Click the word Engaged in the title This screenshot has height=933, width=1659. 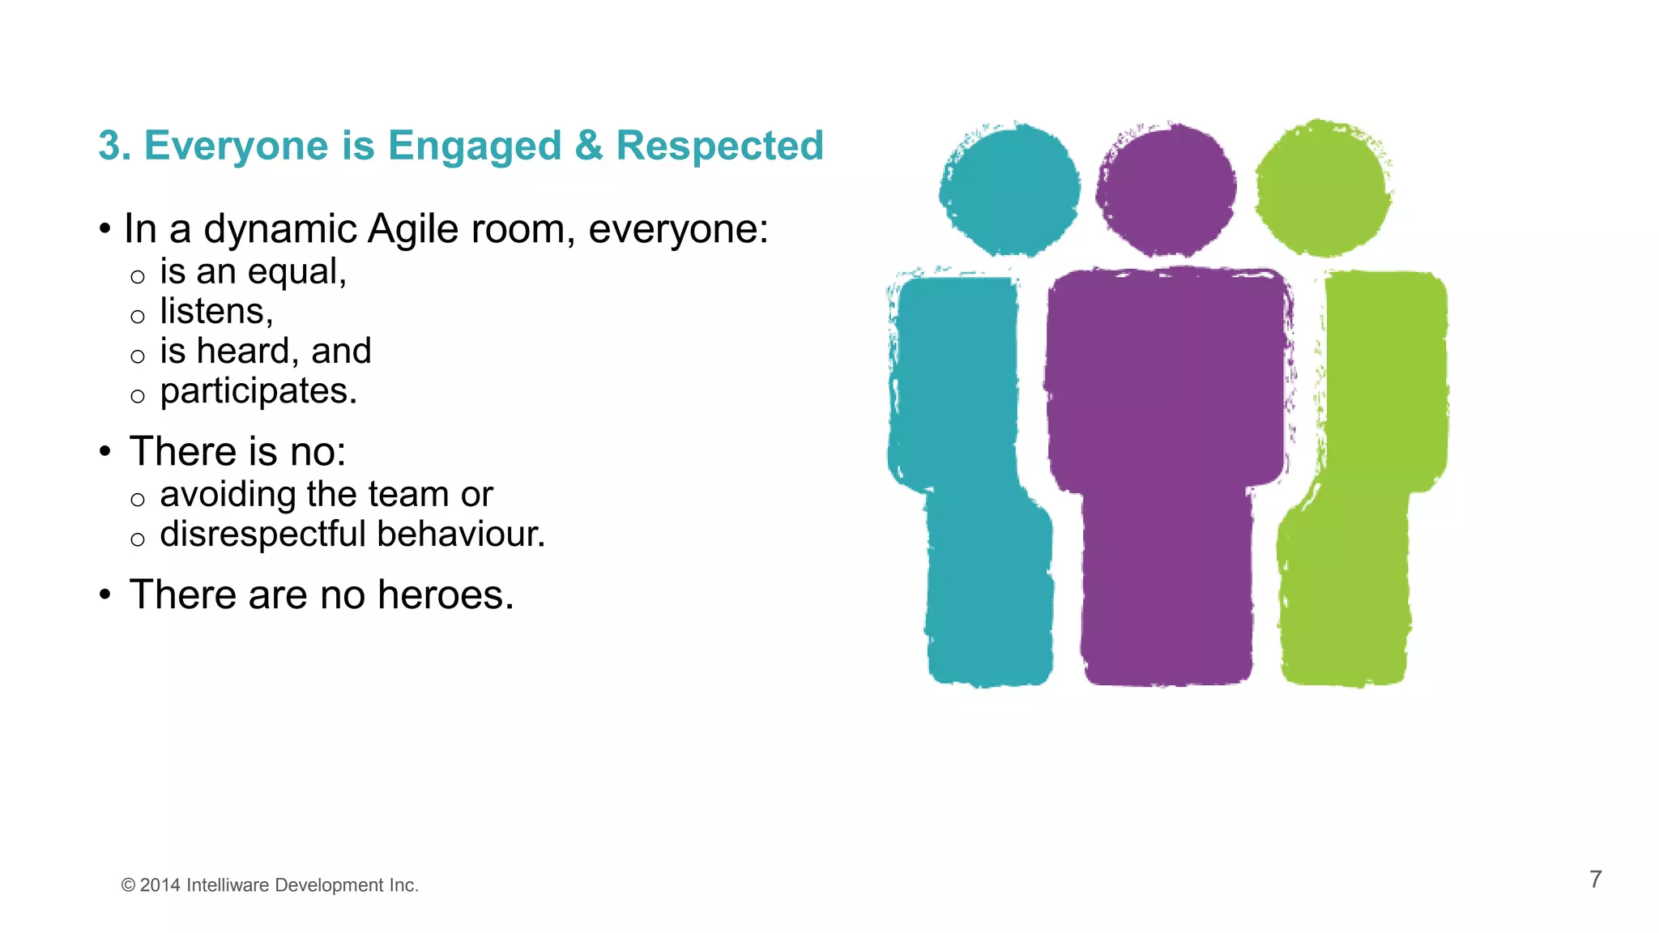pyautogui.click(x=474, y=147)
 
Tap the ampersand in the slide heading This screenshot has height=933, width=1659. pyautogui.click(x=589, y=146)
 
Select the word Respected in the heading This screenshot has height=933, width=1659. pyautogui.click(x=719, y=146)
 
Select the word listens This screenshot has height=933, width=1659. pyautogui.click(x=215, y=312)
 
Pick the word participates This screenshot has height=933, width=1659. pyautogui.click(x=258, y=392)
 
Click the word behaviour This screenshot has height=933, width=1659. pyautogui.click(x=461, y=535)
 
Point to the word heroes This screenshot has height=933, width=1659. pyautogui.click(x=445, y=595)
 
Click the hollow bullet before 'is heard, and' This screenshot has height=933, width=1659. pyautogui.click(x=138, y=356)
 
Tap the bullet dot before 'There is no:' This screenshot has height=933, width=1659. pyautogui.click(x=105, y=451)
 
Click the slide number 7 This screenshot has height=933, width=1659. pyautogui.click(x=1595, y=880)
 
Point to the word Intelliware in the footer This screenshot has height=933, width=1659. pyautogui.click(x=228, y=885)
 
